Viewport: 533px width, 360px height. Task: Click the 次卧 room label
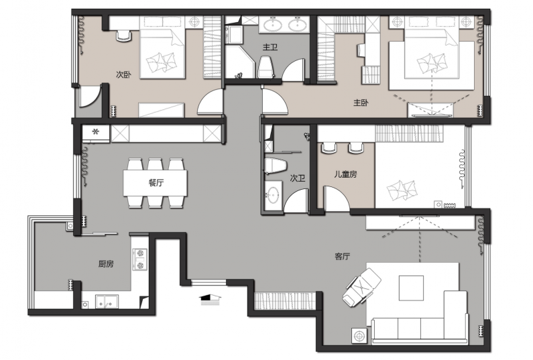pyautogui.click(x=123, y=74)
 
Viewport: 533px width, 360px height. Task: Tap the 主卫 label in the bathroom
pyautogui.click(x=270, y=47)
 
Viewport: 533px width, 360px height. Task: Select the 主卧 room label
pyautogui.click(x=361, y=103)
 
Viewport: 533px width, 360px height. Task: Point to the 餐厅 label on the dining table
pyautogui.click(x=156, y=183)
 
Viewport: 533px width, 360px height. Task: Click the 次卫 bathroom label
pyautogui.click(x=298, y=178)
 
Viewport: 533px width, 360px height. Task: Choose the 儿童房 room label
pyautogui.click(x=345, y=174)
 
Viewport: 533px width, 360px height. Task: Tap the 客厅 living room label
pyautogui.click(x=343, y=256)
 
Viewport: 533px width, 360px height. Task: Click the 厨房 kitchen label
pyautogui.click(x=106, y=263)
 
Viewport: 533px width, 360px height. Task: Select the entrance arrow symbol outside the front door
pyautogui.click(x=210, y=299)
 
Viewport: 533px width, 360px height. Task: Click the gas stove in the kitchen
pyautogui.click(x=140, y=259)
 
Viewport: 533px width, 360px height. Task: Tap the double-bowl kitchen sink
pyautogui.click(x=107, y=302)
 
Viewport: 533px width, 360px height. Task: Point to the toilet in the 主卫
pyautogui.click(x=266, y=67)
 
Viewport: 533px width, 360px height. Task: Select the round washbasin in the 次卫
pyautogui.click(x=273, y=195)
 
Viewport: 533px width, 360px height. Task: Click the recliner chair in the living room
pyautogui.click(x=361, y=286)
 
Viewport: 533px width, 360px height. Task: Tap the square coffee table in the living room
pyautogui.click(x=411, y=288)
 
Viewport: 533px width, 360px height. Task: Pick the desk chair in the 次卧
pyautogui.click(x=124, y=36)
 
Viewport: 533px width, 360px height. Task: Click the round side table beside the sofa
pyautogui.click(x=359, y=336)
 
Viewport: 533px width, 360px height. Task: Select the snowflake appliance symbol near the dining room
pyautogui.click(x=96, y=131)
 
